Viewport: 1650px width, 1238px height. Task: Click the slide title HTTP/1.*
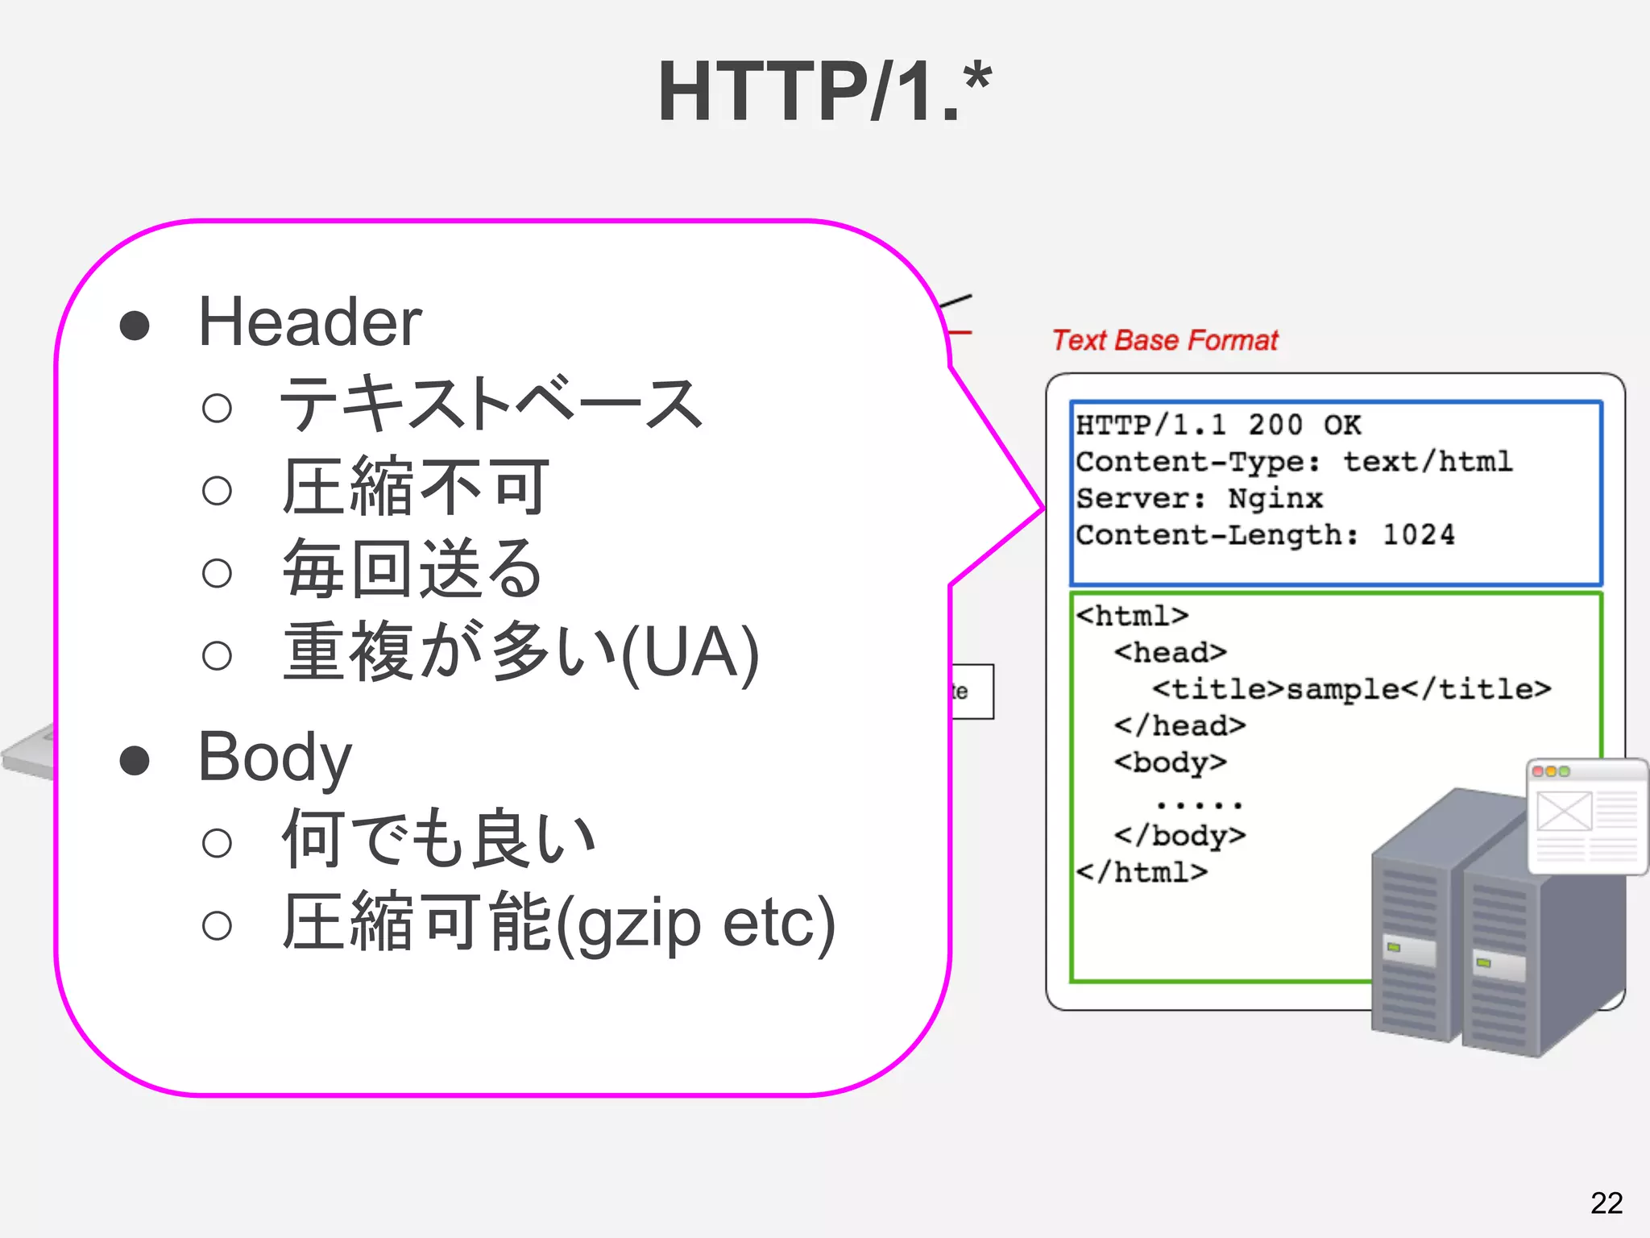(823, 92)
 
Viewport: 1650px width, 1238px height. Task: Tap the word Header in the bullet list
(309, 322)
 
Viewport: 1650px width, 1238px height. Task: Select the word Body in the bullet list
(275, 757)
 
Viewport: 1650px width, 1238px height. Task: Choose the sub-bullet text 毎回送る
(412, 569)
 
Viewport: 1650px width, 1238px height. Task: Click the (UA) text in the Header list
(690, 653)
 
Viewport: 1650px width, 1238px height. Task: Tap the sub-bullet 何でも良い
(438, 840)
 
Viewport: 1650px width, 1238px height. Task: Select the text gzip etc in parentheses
(696, 924)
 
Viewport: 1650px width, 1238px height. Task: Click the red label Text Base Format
(1165, 341)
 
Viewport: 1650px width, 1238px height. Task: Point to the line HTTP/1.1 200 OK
(1217, 425)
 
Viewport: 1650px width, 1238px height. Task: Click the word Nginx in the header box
(1275, 499)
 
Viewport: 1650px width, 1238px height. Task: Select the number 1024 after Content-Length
(1418, 535)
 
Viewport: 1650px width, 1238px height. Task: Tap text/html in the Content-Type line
(1427, 462)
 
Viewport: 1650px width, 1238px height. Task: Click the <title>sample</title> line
(1351, 689)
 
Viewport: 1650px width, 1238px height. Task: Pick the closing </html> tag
(1142, 872)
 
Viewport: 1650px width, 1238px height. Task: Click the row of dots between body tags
(1198, 804)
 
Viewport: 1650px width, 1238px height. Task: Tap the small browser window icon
(1586, 816)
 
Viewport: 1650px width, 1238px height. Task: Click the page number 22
(1606, 1203)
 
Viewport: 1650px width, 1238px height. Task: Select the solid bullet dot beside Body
(135, 760)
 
